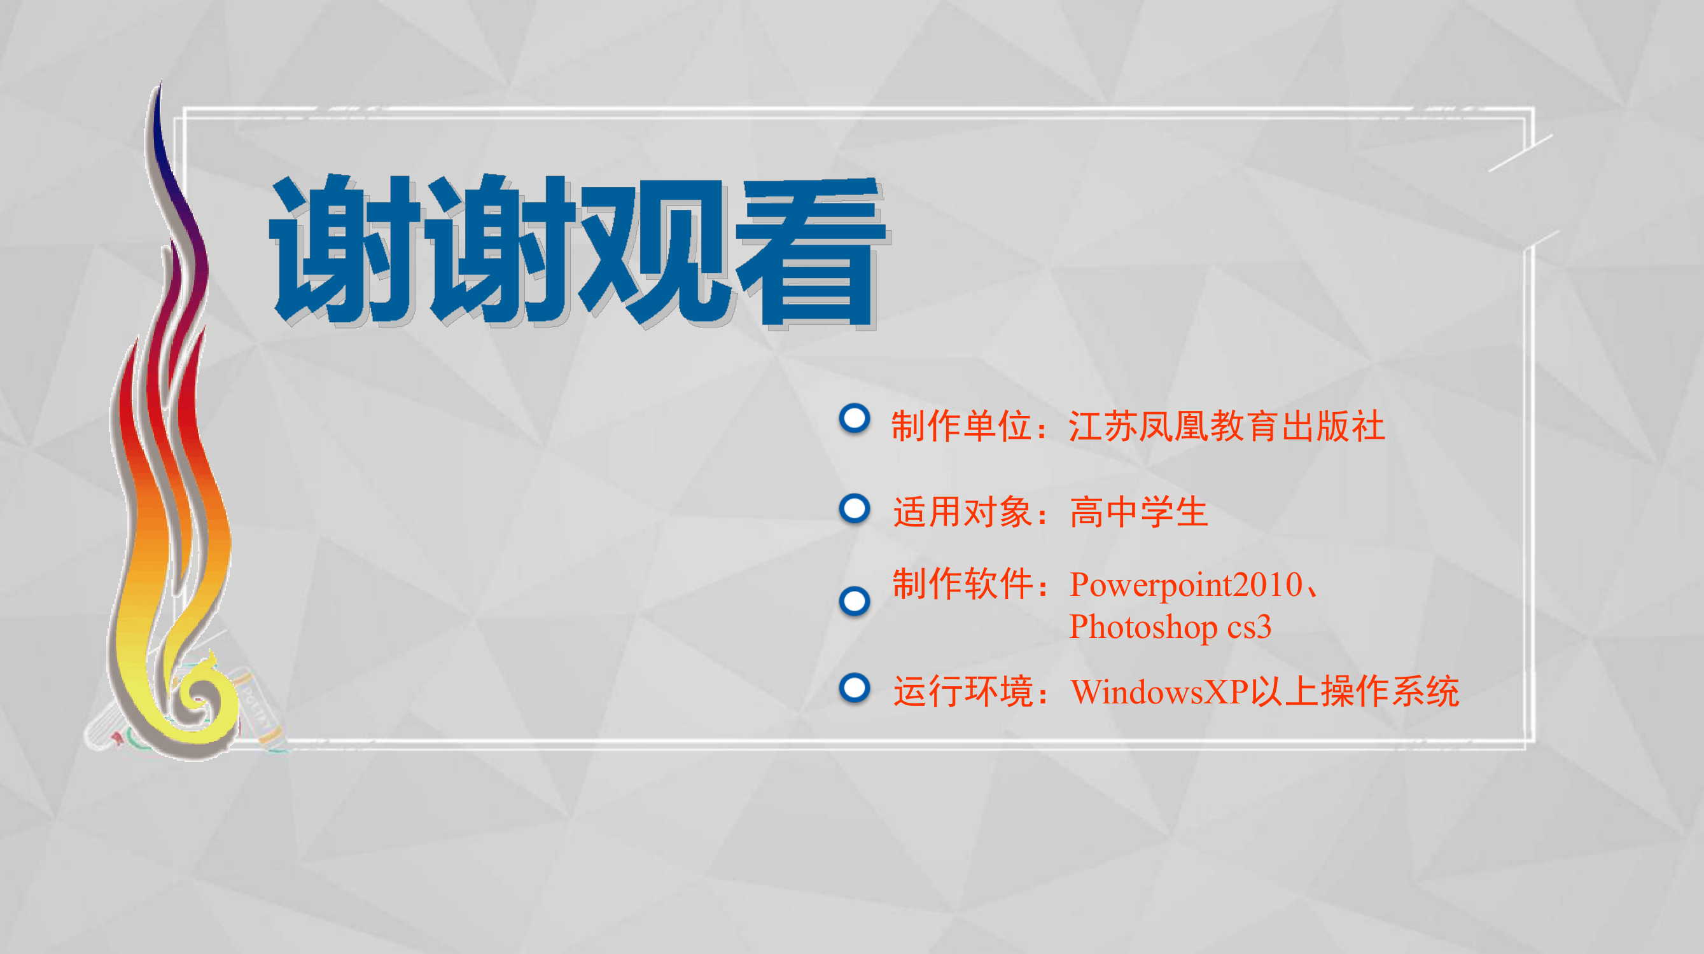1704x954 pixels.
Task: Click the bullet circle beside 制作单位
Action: click(854, 418)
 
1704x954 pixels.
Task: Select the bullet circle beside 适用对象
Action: click(854, 509)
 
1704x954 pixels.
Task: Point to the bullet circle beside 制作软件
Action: click(854, 601)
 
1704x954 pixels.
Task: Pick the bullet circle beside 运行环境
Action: click(854, 688)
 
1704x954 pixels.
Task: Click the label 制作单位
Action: click(962, 425)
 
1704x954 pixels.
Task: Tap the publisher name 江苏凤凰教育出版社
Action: click(1226, 425)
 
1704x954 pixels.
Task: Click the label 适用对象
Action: click(963, 512)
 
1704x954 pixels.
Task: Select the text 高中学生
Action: click(1139, 512)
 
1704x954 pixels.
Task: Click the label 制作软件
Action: click(963, 583)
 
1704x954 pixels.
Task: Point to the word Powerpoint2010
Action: click(1186, 585)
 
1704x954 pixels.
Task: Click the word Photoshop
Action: click(1143, 627)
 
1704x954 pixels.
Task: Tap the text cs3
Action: click(1250, 627)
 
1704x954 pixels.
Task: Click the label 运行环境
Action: click(963, 691)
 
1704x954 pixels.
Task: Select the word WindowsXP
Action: click(1159, 692)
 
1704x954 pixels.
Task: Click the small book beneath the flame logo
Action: click(258, 707)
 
